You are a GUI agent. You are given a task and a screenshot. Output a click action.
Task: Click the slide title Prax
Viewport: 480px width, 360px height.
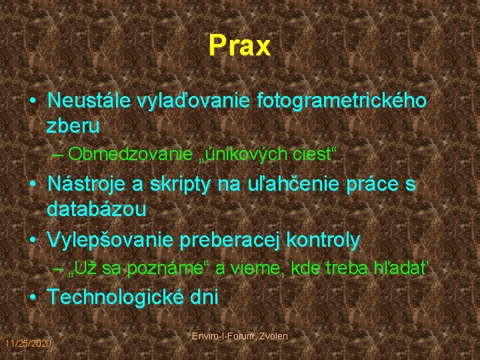click(x=239, y=46)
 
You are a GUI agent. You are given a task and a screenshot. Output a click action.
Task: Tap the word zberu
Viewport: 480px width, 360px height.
click(x=73, y=125)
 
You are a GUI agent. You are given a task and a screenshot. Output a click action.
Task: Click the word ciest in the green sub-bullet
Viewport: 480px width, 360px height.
click(x=314, y=154)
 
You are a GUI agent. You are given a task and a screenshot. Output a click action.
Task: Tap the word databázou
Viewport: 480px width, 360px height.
click(x=97, y=209)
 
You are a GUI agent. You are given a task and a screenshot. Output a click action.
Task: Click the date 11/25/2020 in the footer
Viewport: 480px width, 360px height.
click(x=27, y=343)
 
